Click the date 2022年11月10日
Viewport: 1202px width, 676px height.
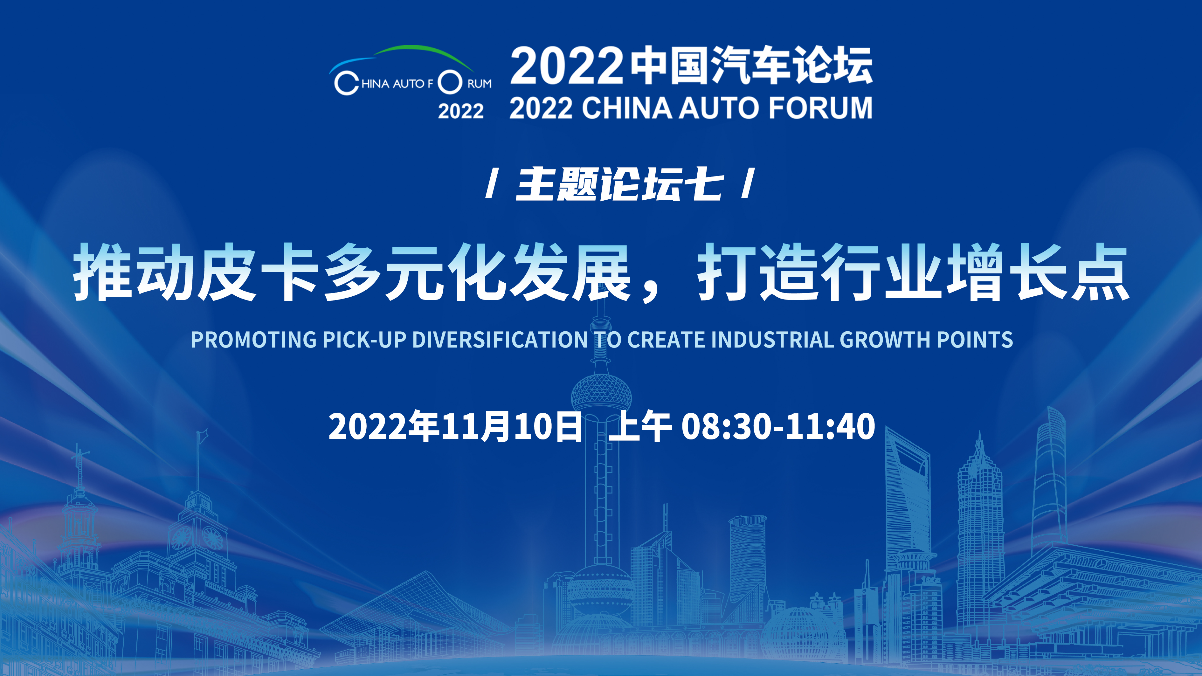coord(455,426)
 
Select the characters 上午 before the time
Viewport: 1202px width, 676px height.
coord(640,426)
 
